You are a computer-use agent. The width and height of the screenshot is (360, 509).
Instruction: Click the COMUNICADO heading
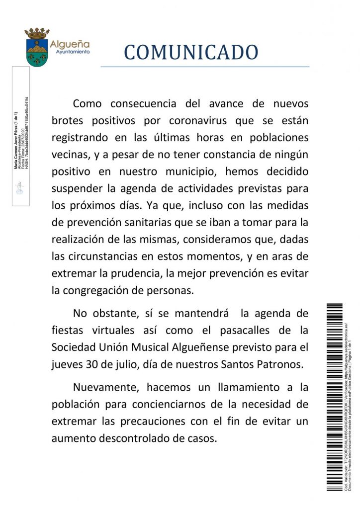(x=191, y=52)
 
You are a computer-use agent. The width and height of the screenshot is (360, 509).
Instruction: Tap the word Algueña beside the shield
(x=71, y=44)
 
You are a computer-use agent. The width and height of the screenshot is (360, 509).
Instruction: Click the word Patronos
(x=280, y=364)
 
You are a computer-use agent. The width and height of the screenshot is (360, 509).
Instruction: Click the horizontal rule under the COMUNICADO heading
(x=205, y=66)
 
